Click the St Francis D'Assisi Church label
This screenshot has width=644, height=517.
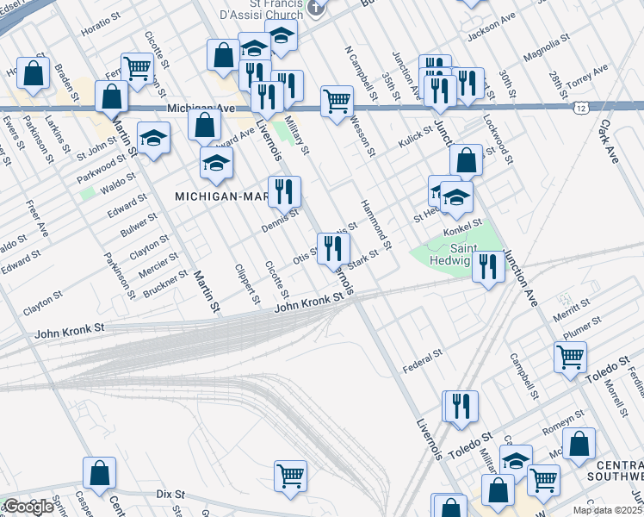[x=263, y=9]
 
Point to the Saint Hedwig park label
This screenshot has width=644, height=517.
[x=445, y=257]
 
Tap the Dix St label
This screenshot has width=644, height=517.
[x=170, y=494]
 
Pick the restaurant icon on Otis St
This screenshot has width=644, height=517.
[x=332, y=249]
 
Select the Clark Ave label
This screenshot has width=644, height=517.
[x=610, y=141]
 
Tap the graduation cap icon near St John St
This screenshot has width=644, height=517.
[x=153, y=139]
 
